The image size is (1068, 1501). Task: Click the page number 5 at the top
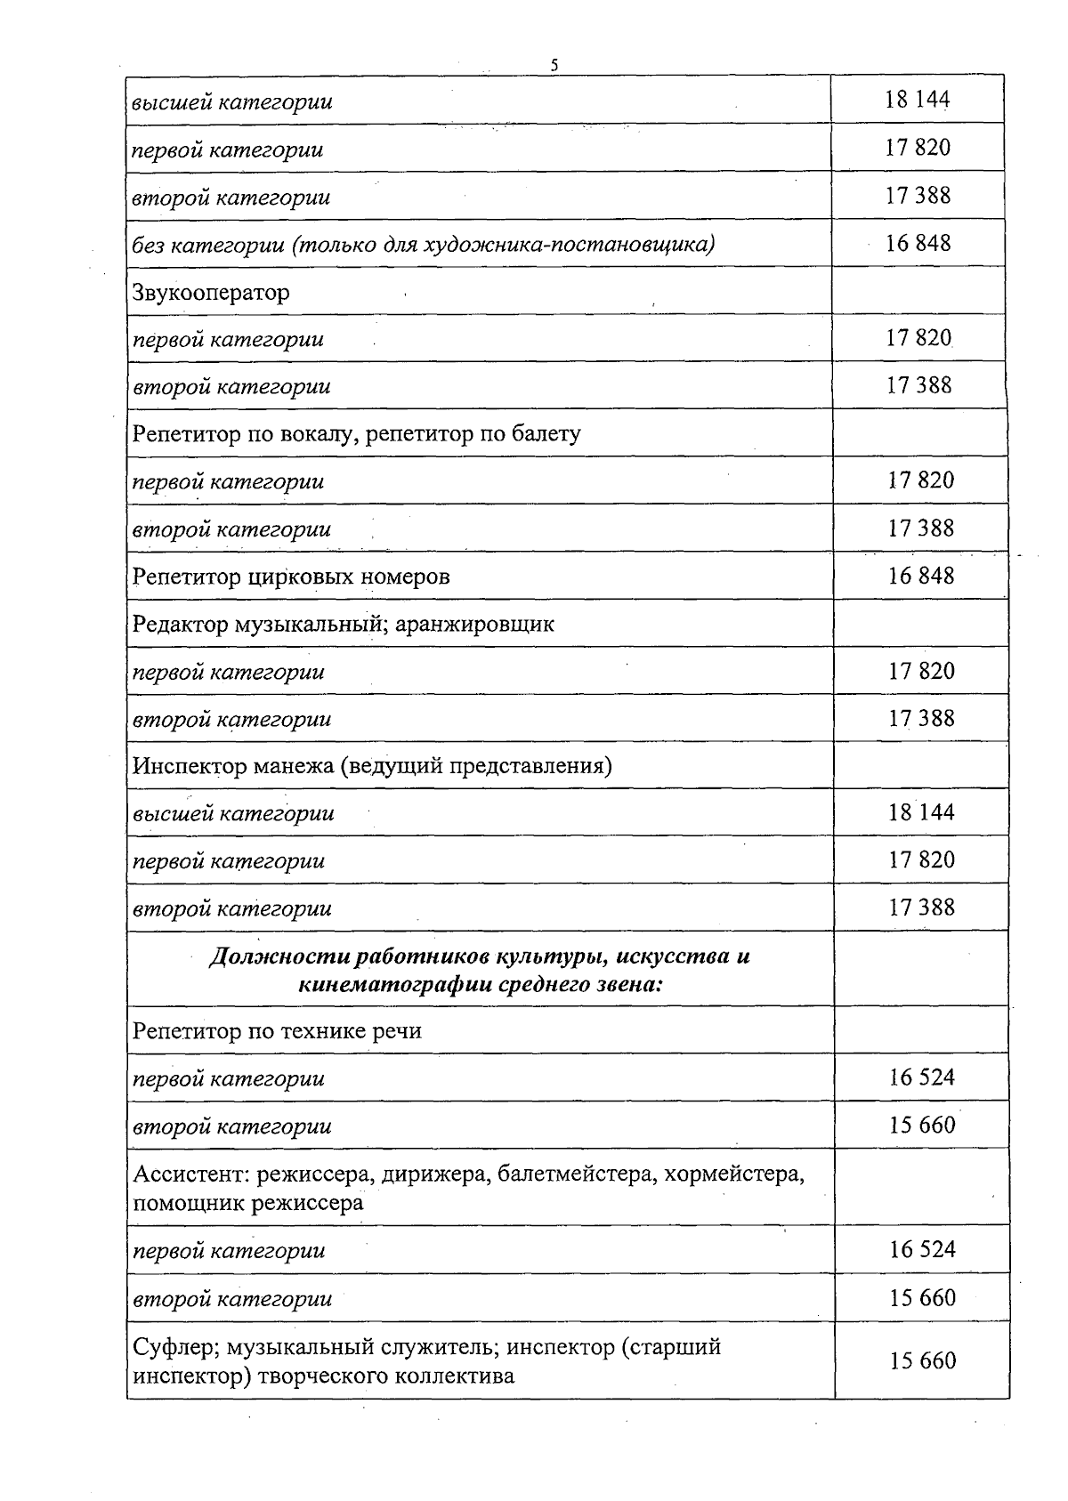[554, 64]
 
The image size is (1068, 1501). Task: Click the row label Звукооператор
[211, 292]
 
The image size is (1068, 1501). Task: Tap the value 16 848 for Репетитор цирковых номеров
[920, 576]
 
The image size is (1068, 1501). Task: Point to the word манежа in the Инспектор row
[295, 766]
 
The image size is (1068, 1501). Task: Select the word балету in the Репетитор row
[546, 434]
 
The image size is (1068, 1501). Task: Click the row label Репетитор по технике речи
[277, 1031]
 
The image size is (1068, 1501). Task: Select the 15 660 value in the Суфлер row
[922, 1360]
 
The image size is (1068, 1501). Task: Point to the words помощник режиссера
[248, 1203]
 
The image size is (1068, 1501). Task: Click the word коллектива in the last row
[448, 1376]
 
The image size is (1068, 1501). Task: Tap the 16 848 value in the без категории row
[918, 243]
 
